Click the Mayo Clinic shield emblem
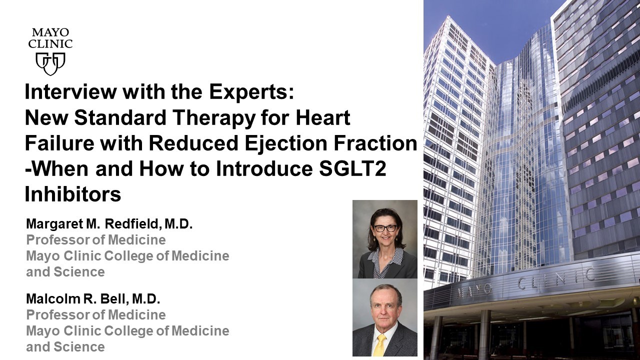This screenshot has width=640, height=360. coord(50,63)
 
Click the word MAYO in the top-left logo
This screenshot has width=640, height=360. coord(50,32)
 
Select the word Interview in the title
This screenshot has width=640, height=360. coord(71,91)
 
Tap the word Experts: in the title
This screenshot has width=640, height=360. coord(251,92)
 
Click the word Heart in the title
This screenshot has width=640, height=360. coord(323,117)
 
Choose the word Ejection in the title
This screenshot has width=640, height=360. coord(285,143)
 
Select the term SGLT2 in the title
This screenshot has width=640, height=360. coord(353,168)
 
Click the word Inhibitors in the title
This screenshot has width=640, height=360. coord(73,194)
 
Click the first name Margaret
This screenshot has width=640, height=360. coord(54,224)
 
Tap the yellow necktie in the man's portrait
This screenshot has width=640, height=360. coord(380,345)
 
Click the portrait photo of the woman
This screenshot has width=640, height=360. coord(385,239)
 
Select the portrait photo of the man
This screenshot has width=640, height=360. coord(385,317)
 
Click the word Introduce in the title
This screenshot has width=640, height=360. coord(264,168)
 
